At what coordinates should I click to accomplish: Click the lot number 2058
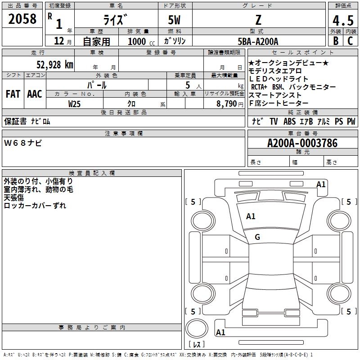pos(22,19)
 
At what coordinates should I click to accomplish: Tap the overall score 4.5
pos(342,20)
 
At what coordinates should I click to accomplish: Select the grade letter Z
pos(258,19)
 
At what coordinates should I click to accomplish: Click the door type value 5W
pos(175,20)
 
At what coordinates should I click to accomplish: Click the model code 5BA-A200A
pos(258,41)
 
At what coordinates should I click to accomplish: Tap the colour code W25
pos(75,104)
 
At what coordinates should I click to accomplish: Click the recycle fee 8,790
pos(228,104)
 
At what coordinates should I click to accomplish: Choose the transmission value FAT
pos(13,94)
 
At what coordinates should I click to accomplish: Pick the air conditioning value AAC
pos(35,94)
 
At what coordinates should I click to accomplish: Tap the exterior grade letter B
pos(335,41)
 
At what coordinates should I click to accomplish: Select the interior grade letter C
pos(350,41)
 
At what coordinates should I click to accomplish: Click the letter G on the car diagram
pos(257,237)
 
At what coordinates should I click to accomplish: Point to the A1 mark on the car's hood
pos(251,216)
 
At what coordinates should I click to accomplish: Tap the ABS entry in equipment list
pos(290,121)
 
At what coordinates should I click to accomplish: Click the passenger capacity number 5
pos(186,85)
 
